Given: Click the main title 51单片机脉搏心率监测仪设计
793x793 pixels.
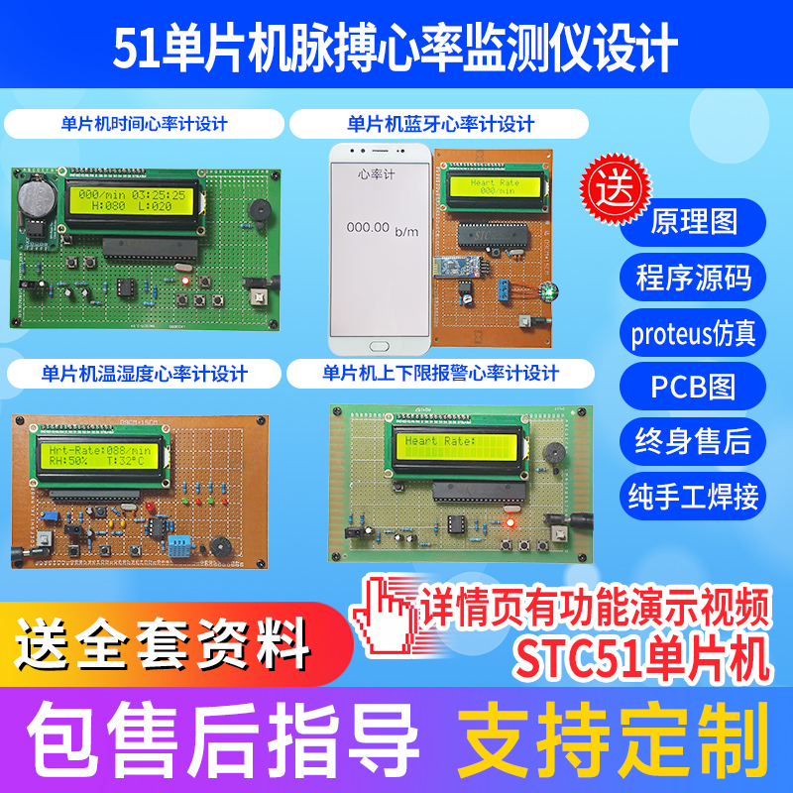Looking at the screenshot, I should [x=396, y=48].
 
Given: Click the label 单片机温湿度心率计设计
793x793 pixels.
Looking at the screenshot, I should [x=145, y=374].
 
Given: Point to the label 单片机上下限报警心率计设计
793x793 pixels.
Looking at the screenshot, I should [x=440, y=374].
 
